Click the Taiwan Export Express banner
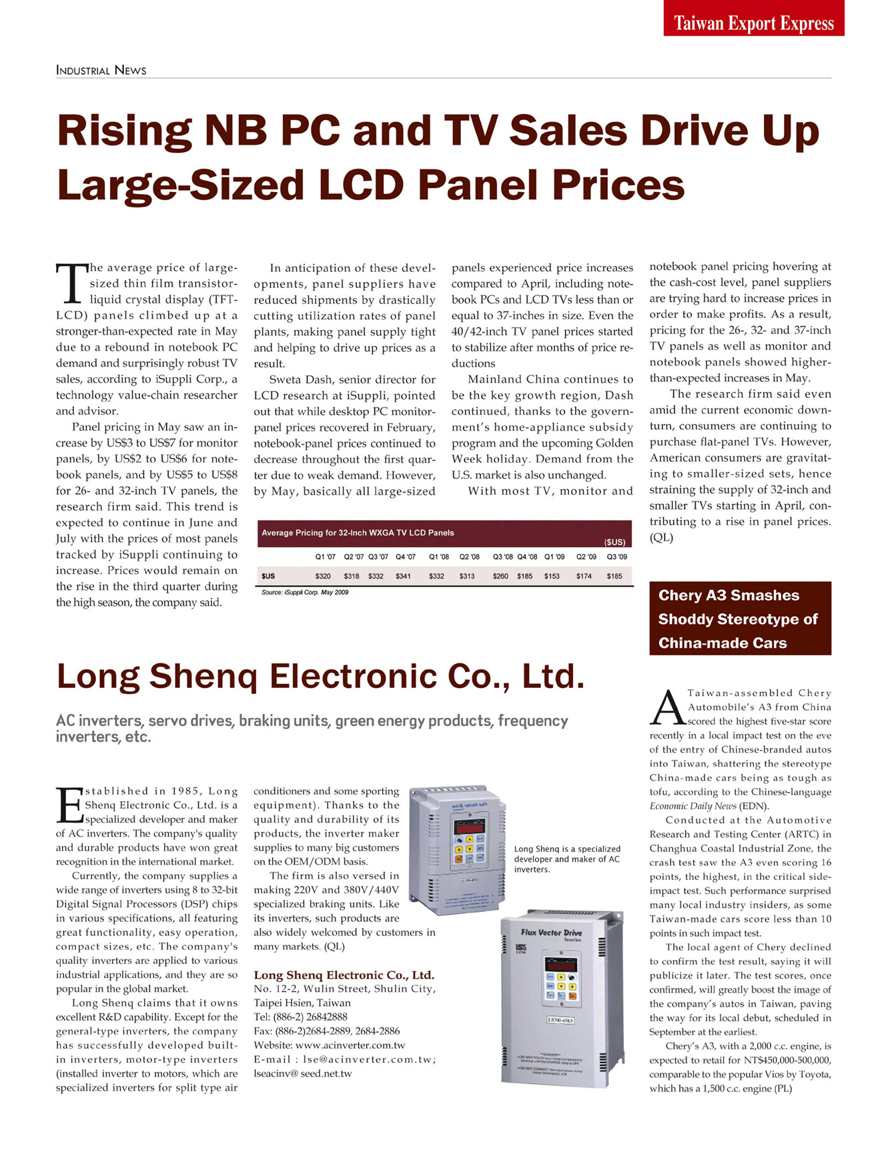(754, 18)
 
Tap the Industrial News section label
(101, 71)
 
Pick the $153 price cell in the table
(552, 576)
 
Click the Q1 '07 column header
(326, 557)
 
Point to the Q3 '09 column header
(617, 557)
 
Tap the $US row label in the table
(268, 576)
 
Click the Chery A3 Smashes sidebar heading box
(741, 619)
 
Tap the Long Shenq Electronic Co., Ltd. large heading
(321, 677)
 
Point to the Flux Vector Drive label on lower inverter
(551, 933)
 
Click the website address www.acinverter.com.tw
(350, 1045)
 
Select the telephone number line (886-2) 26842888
(301, 1017)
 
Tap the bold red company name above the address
(344, 975)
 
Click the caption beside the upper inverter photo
(567, 859)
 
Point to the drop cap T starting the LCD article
(71, 283)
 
